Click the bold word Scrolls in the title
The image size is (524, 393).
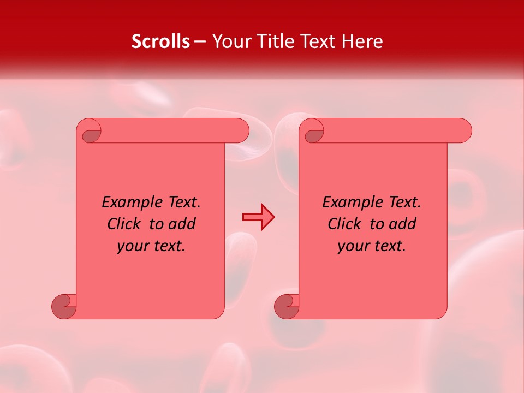pos(160,41)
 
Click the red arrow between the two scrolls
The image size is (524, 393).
pos(258,217)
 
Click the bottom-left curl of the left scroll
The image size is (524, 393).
pos(63,306)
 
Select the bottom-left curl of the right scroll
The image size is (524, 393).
pos(285,306)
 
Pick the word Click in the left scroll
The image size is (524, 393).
pos(123,224)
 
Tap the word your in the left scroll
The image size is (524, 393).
pos(132,246)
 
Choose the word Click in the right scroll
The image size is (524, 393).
pos(344,224)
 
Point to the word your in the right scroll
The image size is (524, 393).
pos(352,246)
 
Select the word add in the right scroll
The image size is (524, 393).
pos(403,224)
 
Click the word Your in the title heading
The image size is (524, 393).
pos(228,41)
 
